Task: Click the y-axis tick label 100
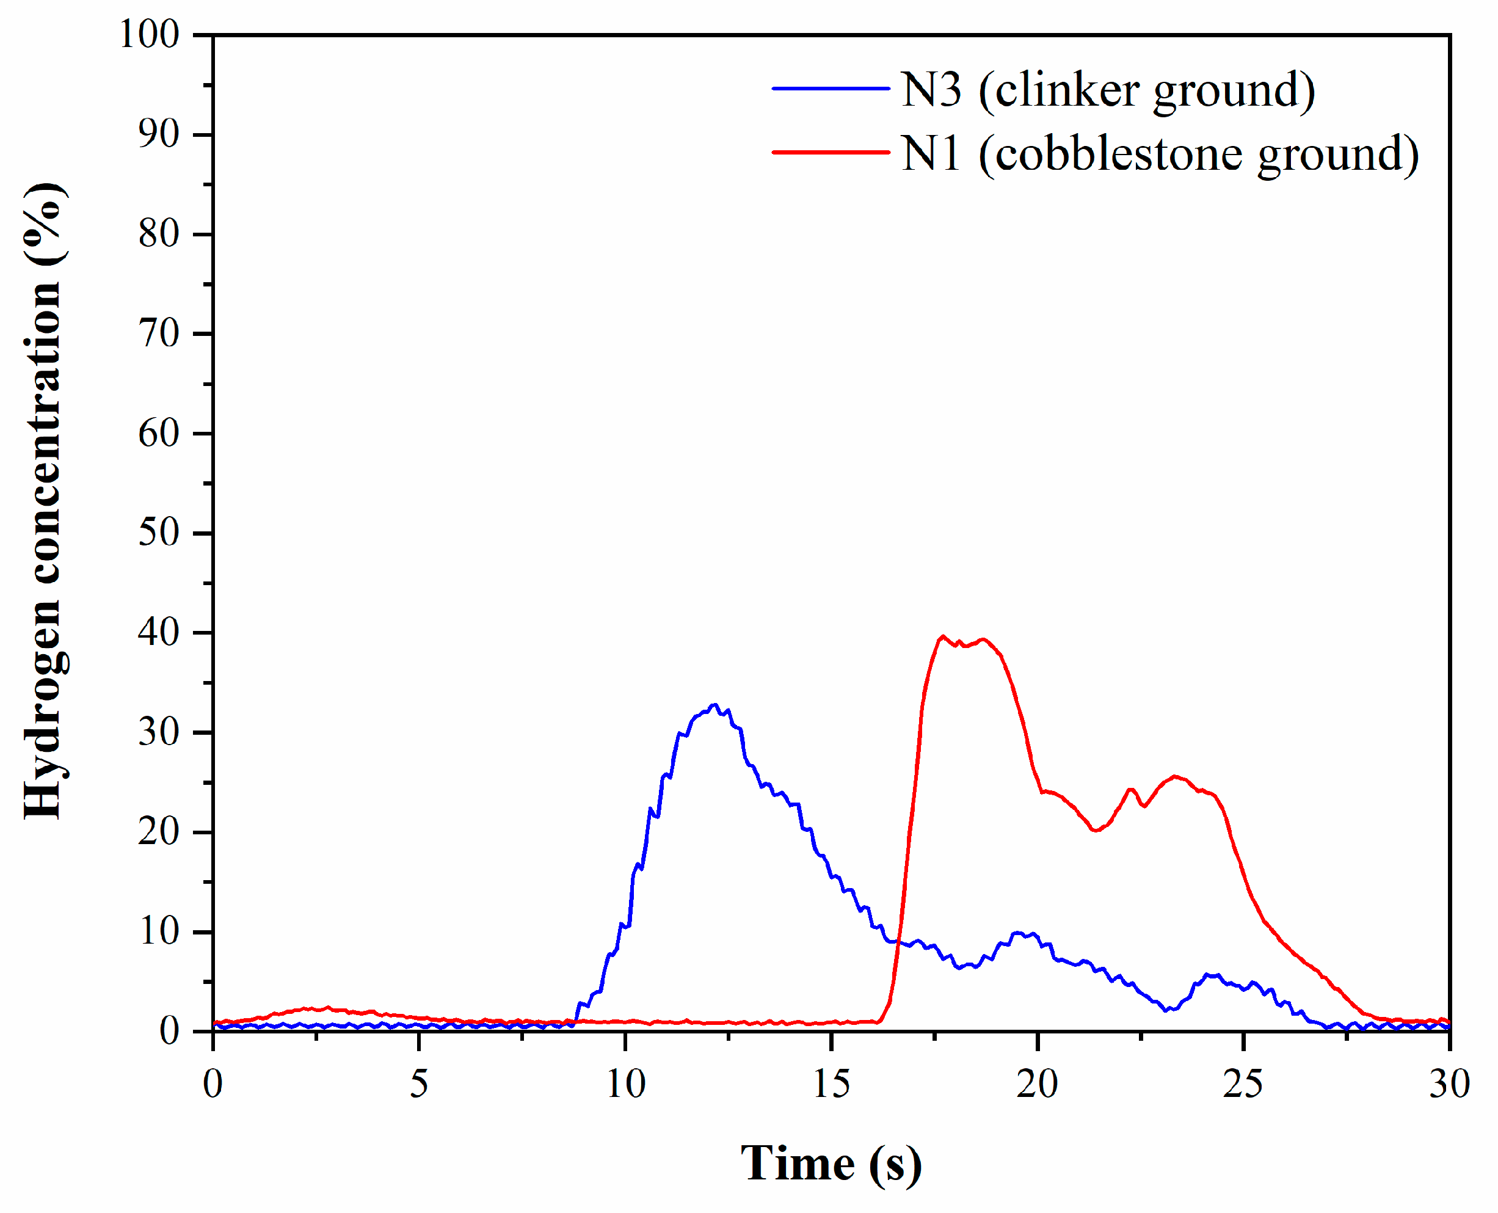pos(150,34)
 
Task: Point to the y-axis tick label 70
pos(159,333)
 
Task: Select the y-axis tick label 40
pos(159,632)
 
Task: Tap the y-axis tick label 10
pos(159,931)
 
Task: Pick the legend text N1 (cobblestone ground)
pos(1160,154)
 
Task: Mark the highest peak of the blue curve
pos(714,705)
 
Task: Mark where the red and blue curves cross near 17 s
pos(898,942)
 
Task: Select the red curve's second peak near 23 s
pos(1175,776)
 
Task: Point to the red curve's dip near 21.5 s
pos(1095,830)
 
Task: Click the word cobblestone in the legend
pos(1119,154)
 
